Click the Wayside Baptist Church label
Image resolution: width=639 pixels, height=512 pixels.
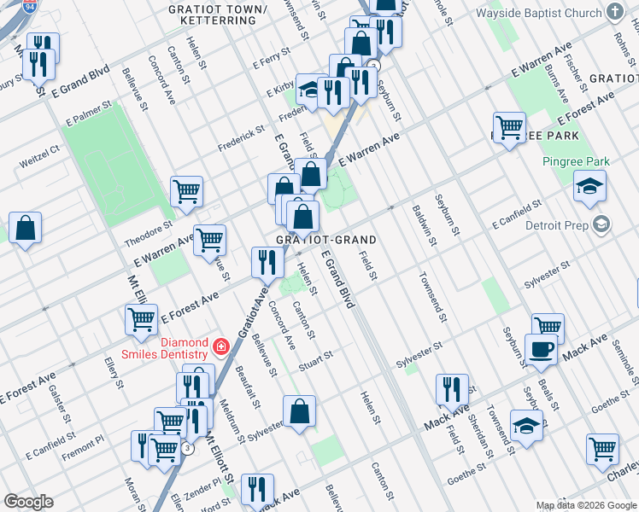538,14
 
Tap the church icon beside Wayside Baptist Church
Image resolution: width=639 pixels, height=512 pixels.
614,13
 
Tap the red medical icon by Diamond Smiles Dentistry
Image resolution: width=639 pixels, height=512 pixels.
221,346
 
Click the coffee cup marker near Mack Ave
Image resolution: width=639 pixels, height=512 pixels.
540,348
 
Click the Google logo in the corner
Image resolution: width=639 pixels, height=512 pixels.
28,502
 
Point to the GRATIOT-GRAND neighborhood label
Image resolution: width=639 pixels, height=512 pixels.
325,241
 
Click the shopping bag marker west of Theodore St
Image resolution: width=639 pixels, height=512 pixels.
26,228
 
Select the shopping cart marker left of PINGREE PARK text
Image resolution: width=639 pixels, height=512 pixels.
509,128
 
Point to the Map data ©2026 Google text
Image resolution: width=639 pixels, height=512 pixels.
586,505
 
